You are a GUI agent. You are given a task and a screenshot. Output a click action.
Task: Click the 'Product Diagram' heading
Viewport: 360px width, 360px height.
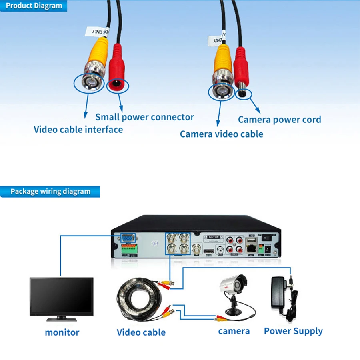pos(34,6)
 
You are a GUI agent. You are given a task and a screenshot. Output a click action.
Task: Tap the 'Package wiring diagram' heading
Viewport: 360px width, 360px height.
pos(50,191)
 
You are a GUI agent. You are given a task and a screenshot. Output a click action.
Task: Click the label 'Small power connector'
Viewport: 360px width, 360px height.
pos(144,117)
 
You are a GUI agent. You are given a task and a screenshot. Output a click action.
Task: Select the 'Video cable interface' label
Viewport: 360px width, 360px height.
pos(78,130)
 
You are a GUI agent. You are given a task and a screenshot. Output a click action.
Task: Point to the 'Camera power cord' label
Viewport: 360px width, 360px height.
pos(279,120)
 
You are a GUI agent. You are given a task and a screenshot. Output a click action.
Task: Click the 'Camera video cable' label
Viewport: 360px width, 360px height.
pos(221,134)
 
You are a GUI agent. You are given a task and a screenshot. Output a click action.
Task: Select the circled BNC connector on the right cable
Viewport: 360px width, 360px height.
pos(220,92)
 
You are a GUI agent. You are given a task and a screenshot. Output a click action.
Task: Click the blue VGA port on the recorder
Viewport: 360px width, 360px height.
pos(128,238)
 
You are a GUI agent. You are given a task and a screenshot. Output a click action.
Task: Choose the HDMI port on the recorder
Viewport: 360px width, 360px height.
pos(208,252)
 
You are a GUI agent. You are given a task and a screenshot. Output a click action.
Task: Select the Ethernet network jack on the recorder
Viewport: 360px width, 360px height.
pos(252,248)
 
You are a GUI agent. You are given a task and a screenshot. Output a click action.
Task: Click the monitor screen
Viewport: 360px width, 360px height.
pos(61,296)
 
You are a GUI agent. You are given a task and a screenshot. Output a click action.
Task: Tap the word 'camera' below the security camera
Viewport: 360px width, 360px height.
pos(234,331)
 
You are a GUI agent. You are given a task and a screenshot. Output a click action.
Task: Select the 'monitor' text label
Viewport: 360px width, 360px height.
pos(62,332)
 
